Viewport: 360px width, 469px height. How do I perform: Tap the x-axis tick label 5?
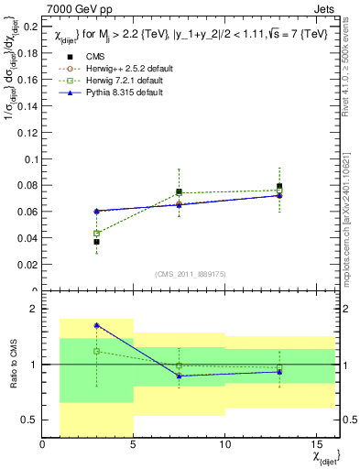coord(134,445)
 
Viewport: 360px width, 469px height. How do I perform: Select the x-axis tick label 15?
coord(314,445)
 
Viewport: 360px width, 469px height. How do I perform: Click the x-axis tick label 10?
coord(224,445)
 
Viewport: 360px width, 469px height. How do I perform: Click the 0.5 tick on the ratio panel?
coord(28,420)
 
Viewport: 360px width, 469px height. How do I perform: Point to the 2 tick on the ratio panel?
coord(33,310)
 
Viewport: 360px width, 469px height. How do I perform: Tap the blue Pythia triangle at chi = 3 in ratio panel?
coord(97,325)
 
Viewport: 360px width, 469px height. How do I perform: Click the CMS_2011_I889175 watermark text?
coord(187,274)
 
